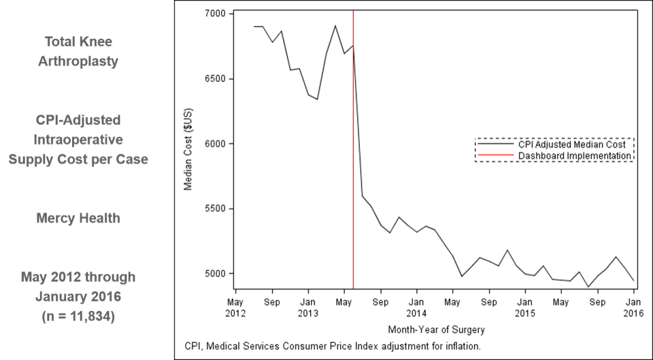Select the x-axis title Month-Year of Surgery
[x=436, y=329]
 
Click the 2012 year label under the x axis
[x=235, y=314]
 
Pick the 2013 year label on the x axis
[x=307, y=314]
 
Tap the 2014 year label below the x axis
[x=416, y=314]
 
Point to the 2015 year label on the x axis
[x=524, y=314]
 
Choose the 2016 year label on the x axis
[x=633, y=314]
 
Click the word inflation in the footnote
[x=462, y=346]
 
